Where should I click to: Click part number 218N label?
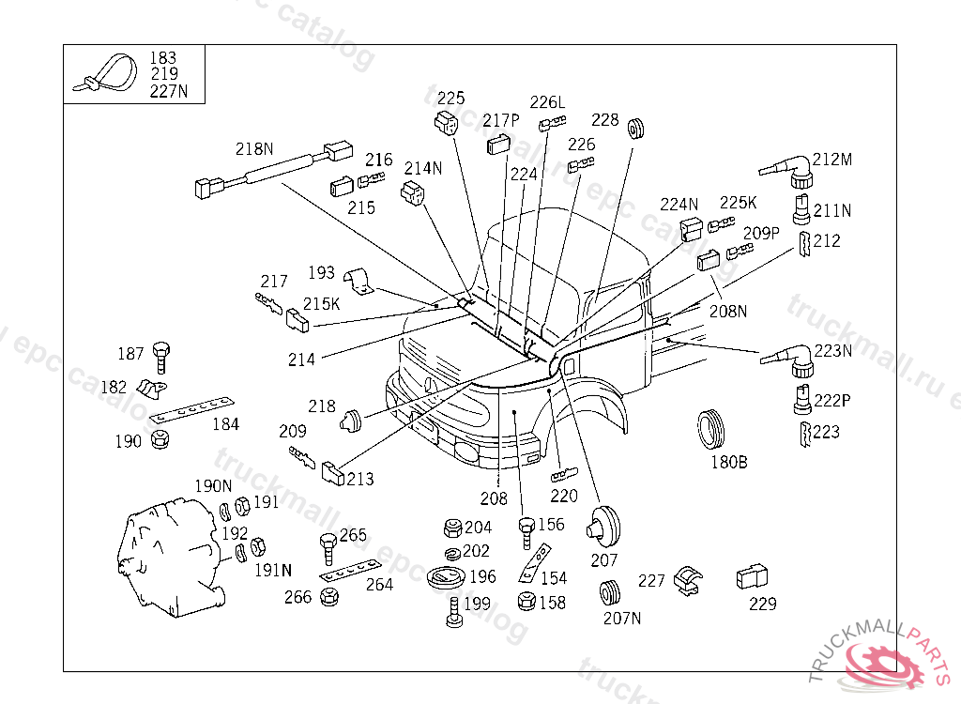click(254, 149)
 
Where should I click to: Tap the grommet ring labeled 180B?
click(711, 429)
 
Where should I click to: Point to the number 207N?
click(622, 619)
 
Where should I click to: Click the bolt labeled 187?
click(161, 358)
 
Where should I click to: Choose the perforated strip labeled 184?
click(191, 410)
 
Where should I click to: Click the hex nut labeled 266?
click(329, 597)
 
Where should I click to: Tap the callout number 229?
click(762, 605)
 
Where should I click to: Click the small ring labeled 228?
click(636, 129)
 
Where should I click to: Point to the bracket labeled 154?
click(534, 563)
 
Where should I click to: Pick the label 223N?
click(833, 351)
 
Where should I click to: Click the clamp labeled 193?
click(359, 282)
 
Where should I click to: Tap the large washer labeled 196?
click(446, 577)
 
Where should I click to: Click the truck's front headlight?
click(468, 451)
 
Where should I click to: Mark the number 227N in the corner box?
click(169, 91)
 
